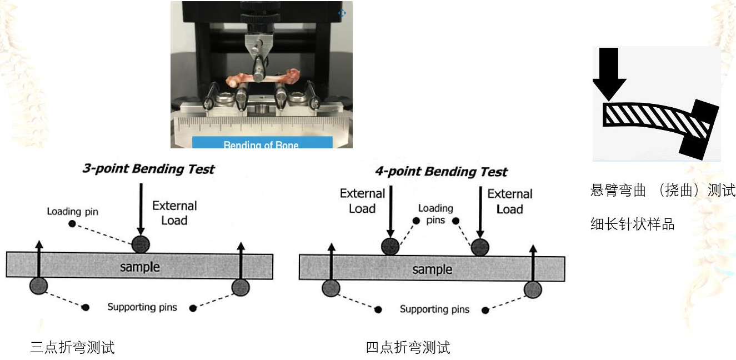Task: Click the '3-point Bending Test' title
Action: click(x=148, y=169)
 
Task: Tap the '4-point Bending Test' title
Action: click(x=441, y=171)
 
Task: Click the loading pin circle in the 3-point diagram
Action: click(x=141, y=243)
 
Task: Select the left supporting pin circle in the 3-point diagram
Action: click(x=38, y=286)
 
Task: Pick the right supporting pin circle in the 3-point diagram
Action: click(x=241, y=287)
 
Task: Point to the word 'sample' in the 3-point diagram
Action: click(x=140, y=267)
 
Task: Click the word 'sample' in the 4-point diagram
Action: click(x=432, y=269)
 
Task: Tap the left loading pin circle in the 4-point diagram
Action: click(x=392, y=246)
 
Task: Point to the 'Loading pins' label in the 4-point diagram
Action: click(x=435, y=213)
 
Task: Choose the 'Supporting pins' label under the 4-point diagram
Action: click(x=434, y=309)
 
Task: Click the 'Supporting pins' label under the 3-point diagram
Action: click(x=142, y=307)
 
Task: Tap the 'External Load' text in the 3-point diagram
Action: click(x=174, y=213)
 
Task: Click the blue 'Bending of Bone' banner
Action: click(x=262, y=143)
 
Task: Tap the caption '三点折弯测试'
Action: click(x=72, y=348)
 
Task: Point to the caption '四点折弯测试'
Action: click(x=408, y=348)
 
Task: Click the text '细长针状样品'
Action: click(x=632, y=224)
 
